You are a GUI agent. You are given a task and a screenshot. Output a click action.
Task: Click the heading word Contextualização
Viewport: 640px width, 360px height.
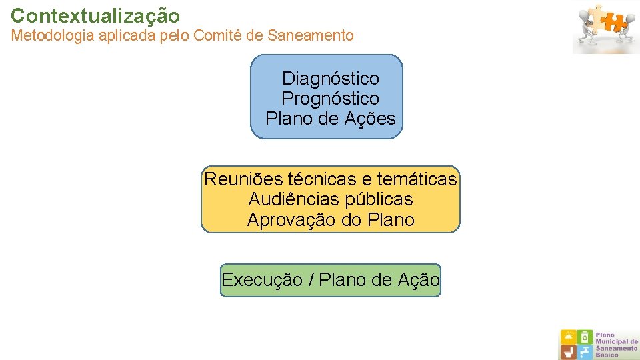click(95, 15)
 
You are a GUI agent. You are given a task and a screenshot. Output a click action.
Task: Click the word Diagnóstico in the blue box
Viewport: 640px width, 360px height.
click(330, 79)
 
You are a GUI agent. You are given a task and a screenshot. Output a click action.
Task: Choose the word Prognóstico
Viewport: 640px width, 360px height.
click(330, 99)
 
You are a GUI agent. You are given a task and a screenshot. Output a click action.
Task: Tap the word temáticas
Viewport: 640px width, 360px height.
click(417, 179)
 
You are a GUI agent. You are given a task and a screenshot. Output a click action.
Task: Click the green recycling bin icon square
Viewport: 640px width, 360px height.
click(585, 337)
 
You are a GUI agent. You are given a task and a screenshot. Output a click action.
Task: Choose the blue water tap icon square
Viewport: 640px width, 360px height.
click(585, 351)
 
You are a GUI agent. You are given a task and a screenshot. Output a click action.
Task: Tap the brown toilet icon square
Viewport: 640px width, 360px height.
click(568, 351)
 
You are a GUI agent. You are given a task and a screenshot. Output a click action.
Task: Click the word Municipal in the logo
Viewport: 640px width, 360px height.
click(617, 342)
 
